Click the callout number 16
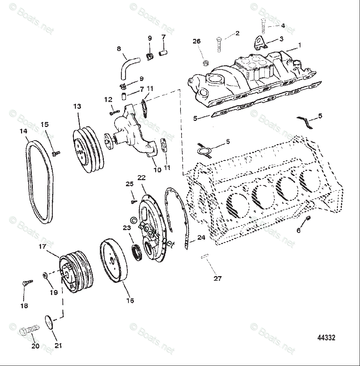click(130, 300)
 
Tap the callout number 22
click(142, 178)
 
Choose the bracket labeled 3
click(260, 42)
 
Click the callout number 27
click(217, 279)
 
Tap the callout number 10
click(157, 170)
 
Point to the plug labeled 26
click(205, 63)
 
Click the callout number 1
click(300, 45)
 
